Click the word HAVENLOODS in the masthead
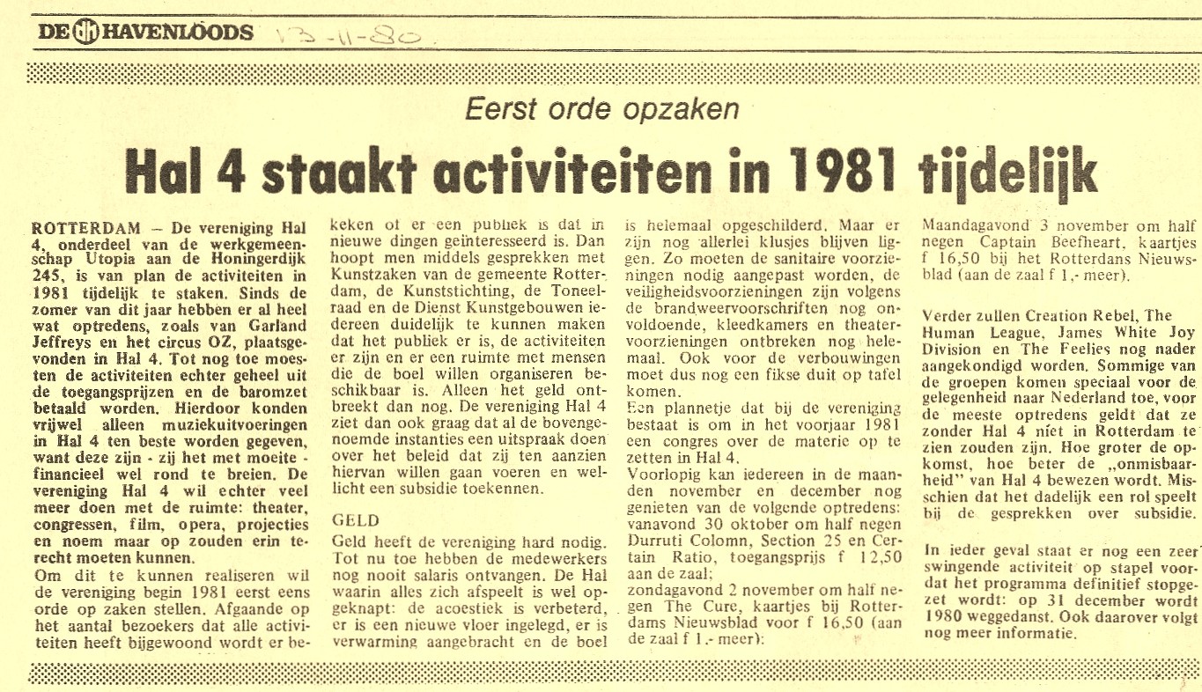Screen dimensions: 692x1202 tap(179, 33)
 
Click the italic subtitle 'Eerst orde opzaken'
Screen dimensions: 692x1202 tap(601, 110)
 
